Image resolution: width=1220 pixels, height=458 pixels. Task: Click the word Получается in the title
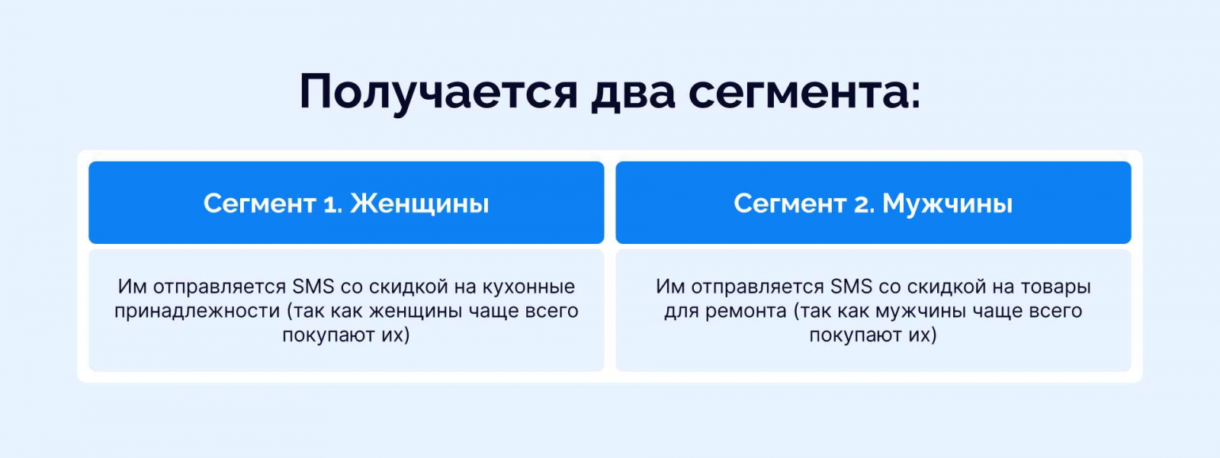point(438,92)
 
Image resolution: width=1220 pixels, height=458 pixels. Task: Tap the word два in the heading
point(633,92)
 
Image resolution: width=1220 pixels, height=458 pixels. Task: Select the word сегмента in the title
point(804,92)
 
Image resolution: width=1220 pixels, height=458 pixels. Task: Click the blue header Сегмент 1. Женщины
point(346,203)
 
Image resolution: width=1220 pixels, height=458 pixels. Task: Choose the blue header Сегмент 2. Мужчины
point(873,203)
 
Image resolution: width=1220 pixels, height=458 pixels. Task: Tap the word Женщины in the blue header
point(419,204)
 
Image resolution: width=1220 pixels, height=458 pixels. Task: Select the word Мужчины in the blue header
point(947,204)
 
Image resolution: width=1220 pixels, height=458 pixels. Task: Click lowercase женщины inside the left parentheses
point(411,312)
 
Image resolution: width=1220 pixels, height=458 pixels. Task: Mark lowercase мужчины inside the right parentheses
point(920,312)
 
